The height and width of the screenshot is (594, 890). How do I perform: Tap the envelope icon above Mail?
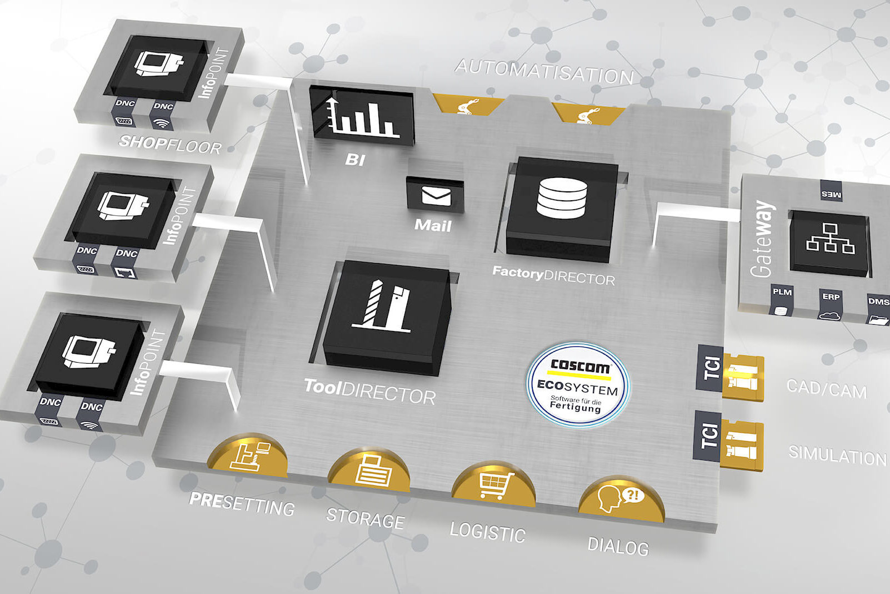(436, 195)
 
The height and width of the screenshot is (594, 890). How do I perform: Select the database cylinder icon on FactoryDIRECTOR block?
(562, 197)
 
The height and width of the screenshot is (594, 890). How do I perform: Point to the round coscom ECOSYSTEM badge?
(578, 384)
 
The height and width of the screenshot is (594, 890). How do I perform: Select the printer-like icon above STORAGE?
(372, 472)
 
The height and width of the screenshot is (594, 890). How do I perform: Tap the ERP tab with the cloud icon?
(831, 304)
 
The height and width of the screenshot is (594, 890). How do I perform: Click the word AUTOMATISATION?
(544, 72)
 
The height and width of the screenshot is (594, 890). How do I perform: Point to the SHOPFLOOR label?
(170, 145)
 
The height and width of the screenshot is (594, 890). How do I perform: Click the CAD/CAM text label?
(827, 389)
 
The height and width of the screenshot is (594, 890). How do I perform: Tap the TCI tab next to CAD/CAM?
(711, 367)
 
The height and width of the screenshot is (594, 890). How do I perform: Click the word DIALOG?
(618, 546)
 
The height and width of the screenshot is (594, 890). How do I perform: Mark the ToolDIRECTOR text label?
(369, 391)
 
